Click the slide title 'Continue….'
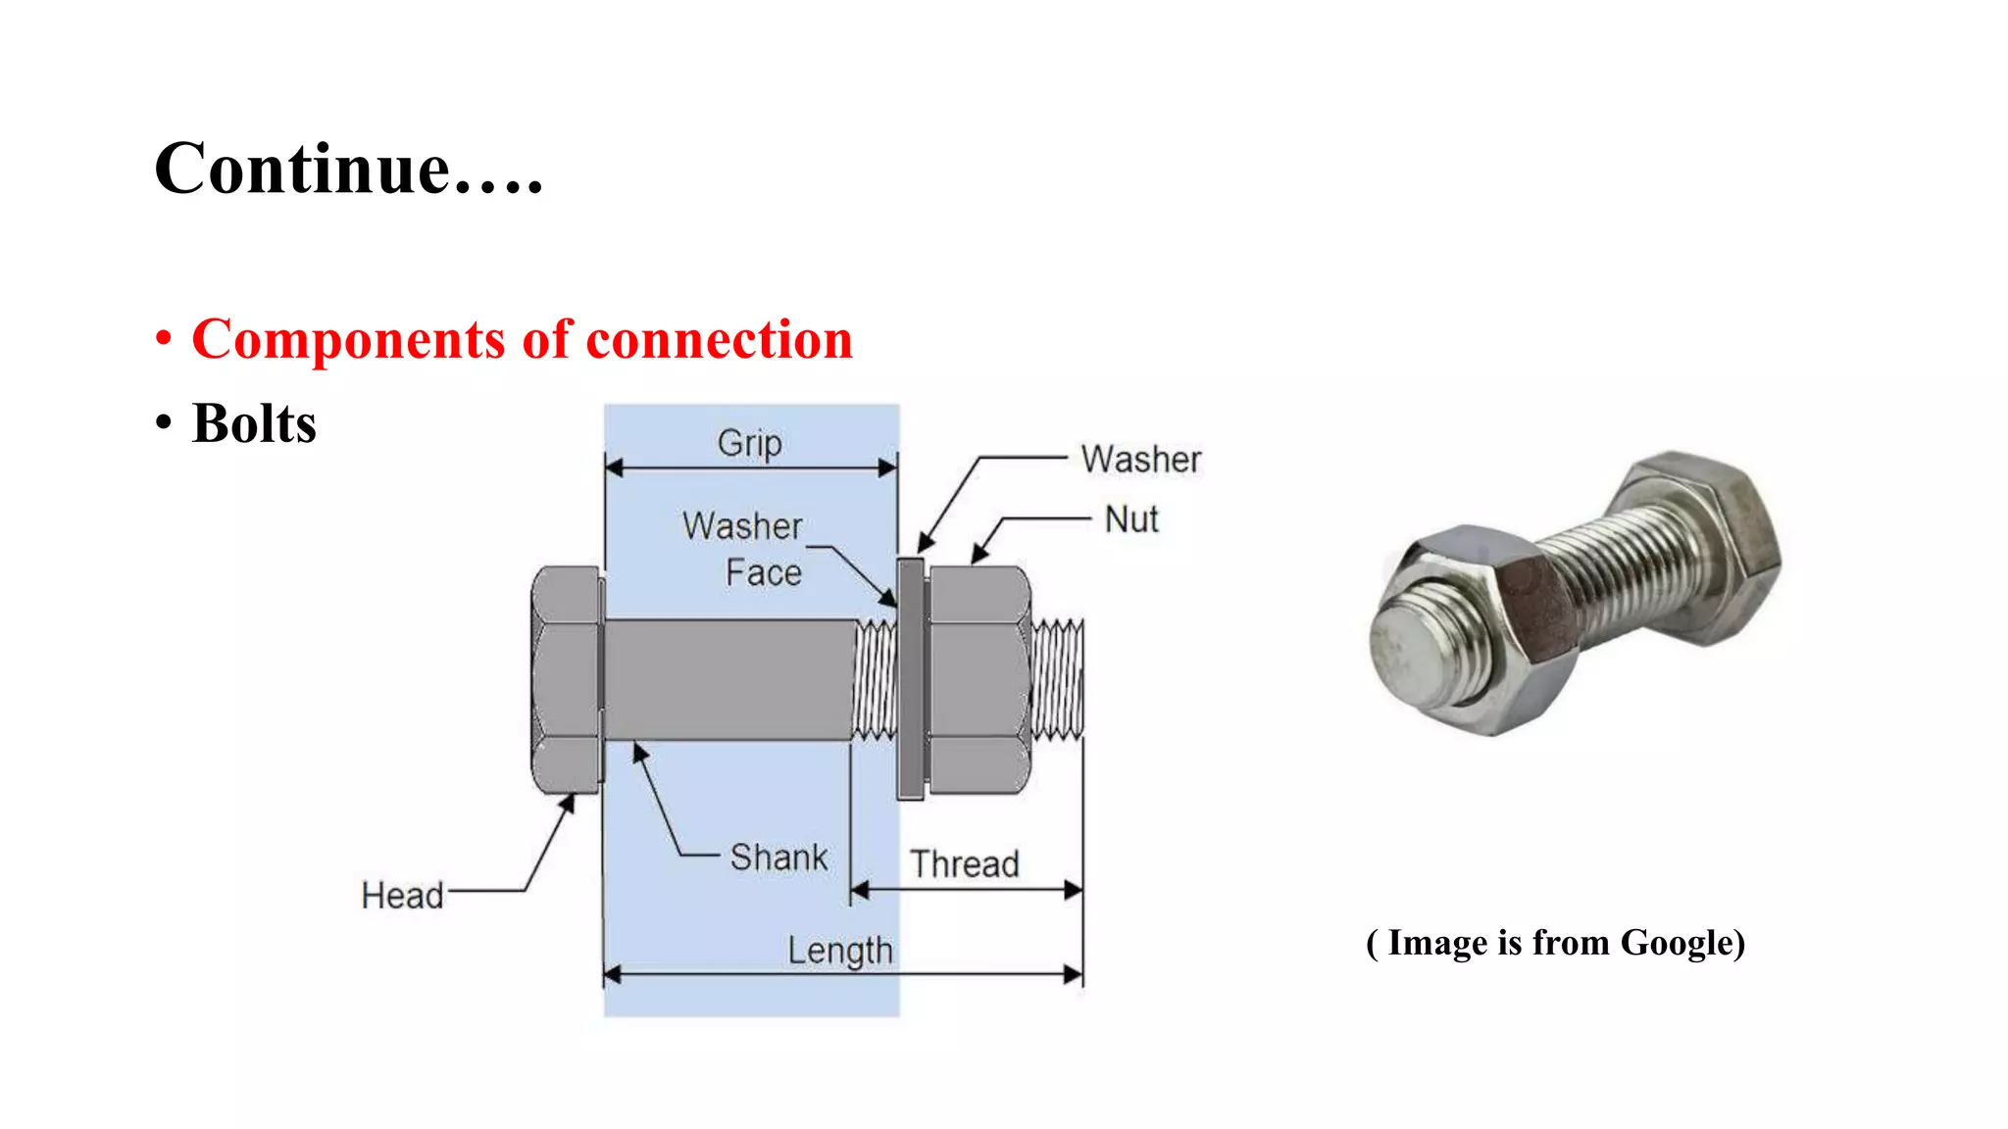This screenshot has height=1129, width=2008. (x=348, y=169)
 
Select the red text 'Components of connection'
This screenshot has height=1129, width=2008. (x=522, y=339)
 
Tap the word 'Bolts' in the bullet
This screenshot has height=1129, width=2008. (x=254, y=423)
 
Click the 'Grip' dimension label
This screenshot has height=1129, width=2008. (x=750, y=443)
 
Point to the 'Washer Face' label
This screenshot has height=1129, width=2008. (x=743, y=549)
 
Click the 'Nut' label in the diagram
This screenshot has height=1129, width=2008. (x=1131, y=519)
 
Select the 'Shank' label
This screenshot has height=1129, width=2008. (x=778, y=858)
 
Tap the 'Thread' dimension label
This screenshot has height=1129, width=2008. (x=965, y=864)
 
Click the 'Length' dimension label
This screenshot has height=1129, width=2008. (x=840, y=951)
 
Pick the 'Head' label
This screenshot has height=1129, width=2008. (x=402, y=896)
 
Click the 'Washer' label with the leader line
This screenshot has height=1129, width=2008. (x=1141, y=460)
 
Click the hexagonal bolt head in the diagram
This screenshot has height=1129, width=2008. (x=566, y=680)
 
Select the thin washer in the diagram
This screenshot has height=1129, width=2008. (x=911, y=679)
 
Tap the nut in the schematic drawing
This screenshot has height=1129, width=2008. (x=979, y=679)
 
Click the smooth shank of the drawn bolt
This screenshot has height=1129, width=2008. (x=728, y=679)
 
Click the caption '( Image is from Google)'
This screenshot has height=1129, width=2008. (x=1556, y=943)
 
